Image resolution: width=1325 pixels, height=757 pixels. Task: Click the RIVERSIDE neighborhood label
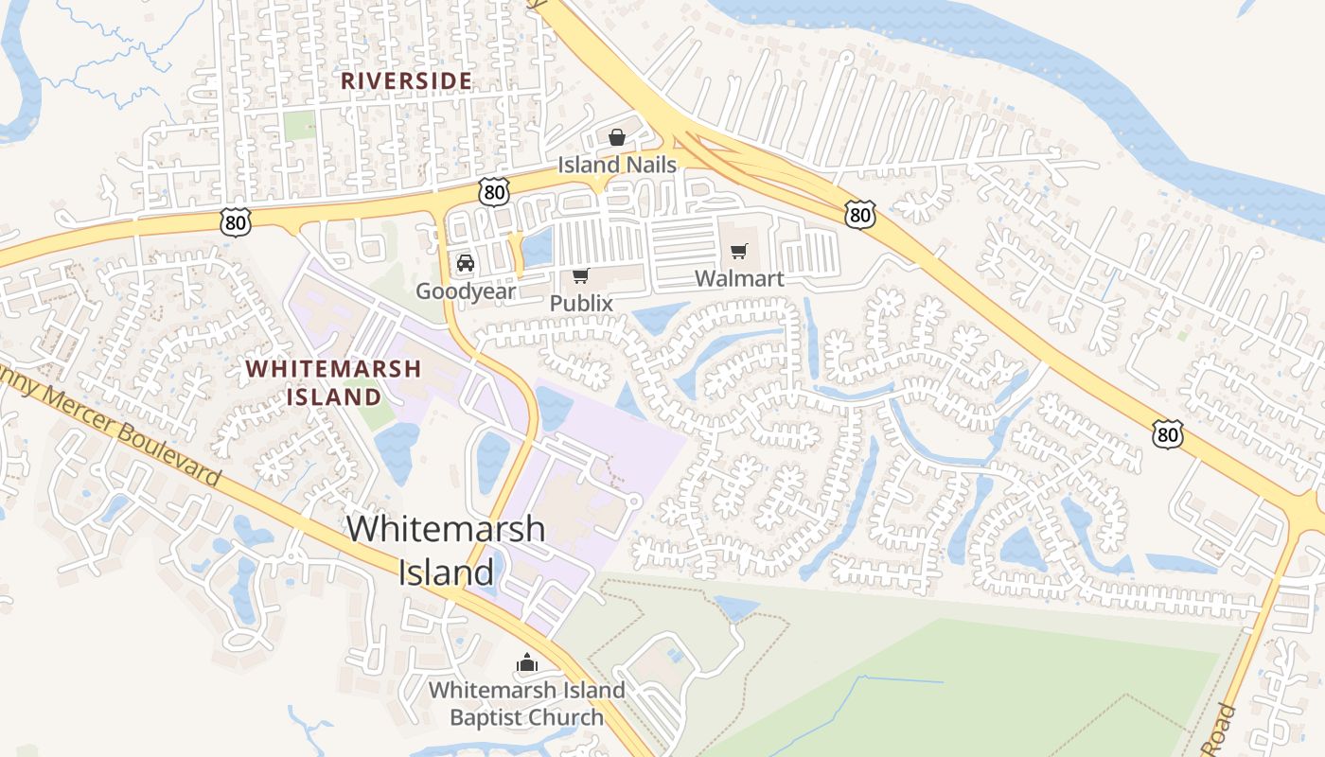[406, 81]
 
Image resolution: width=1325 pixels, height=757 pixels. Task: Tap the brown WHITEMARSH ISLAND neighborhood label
[334, 382]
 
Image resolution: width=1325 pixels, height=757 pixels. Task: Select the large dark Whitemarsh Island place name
[446, 550]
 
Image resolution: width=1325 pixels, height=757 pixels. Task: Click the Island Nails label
[616, 165]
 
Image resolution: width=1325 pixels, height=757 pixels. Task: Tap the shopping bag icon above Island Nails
[617, 137]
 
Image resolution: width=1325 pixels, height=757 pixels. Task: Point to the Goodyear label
[466, 290]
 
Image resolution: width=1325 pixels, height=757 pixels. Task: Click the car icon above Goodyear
[466, 263]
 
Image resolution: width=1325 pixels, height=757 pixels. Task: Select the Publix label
[581, 304]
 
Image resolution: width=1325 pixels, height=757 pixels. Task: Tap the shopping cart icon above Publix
[581, 275]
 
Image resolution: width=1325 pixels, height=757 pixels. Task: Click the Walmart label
[739, 279]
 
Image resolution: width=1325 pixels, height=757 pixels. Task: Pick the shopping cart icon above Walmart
[739, 252]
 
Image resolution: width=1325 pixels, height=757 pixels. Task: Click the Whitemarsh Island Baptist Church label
[526, 703]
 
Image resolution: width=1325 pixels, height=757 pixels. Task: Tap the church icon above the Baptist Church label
[526, 663]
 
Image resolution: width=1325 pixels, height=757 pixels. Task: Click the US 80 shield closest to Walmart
[859, 215]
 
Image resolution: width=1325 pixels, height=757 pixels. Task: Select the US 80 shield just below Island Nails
[494, 192]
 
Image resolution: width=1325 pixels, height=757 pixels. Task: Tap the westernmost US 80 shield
[236, 221]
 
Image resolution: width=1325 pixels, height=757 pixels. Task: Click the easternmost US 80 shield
[1168, 434]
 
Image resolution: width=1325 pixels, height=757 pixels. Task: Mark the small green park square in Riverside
[299, 125]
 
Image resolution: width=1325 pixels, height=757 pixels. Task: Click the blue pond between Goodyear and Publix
[537, 248]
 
